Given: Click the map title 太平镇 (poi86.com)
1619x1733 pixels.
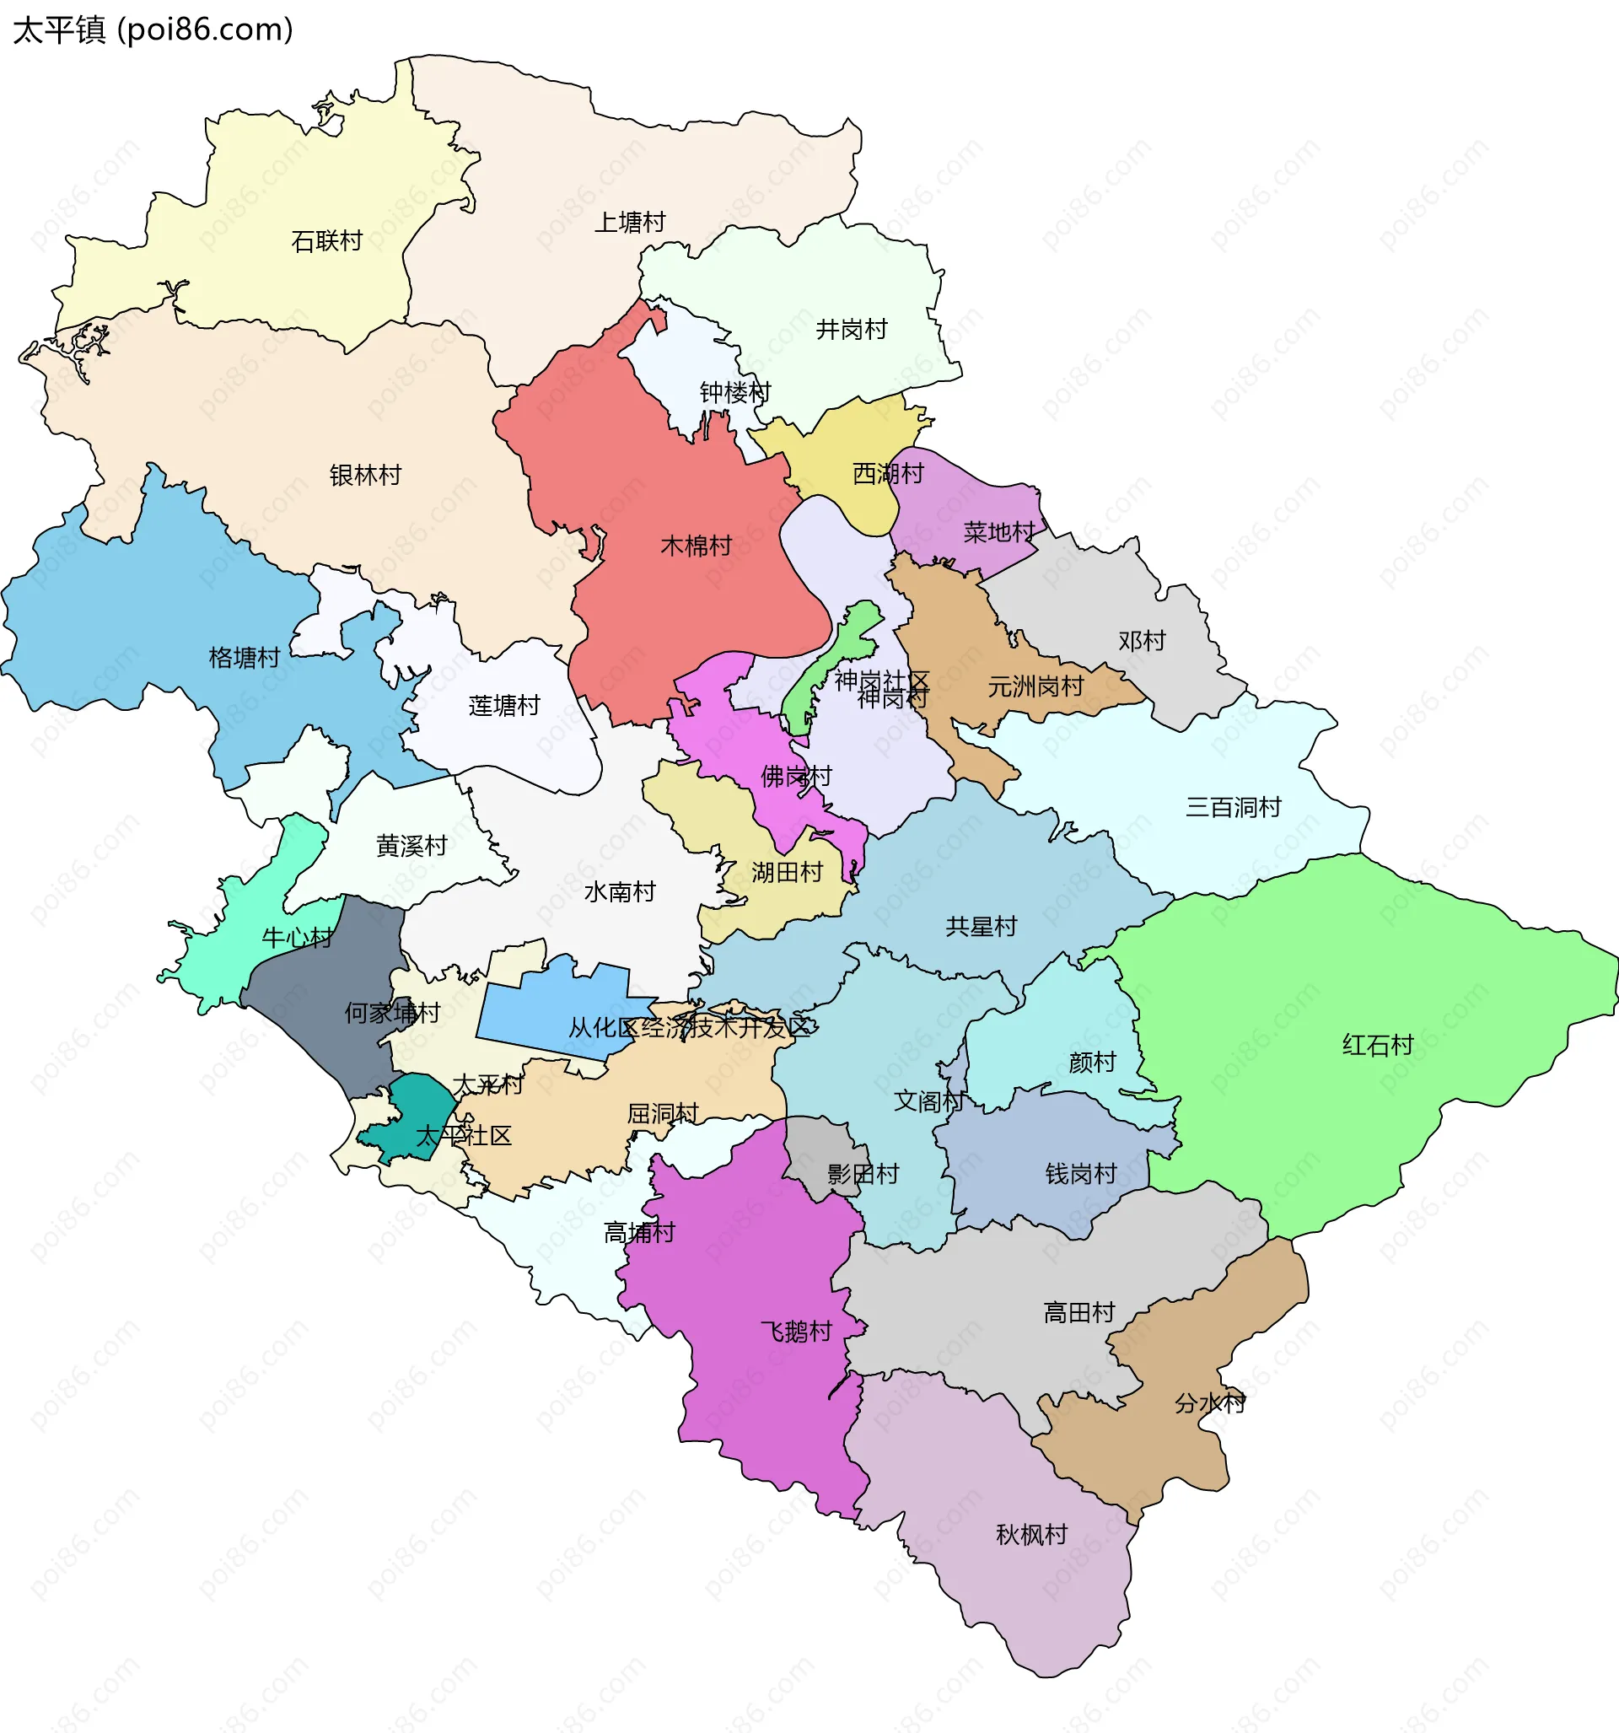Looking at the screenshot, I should [153, 30].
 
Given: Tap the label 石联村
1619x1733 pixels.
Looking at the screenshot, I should [327, 240].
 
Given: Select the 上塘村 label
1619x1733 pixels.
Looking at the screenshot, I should [629, 223].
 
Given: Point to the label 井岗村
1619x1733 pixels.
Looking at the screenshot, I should [851, 329].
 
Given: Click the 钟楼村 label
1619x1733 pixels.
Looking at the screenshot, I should [735, 392].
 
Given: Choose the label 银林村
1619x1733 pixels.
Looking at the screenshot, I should [365, 475].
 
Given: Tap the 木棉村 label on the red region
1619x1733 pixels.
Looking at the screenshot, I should [696, 546].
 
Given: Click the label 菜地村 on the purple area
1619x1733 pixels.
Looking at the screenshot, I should [998, 532].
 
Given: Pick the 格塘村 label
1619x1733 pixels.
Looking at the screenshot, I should [244, 657].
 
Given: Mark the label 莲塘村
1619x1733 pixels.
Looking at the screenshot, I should [504, 705].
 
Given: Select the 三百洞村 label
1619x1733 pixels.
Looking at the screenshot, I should [1233, 807].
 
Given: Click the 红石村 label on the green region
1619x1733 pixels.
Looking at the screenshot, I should [1378, 1044].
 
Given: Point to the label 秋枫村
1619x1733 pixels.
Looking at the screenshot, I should [1031, 1534].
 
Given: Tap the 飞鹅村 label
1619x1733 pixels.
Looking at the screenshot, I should [796, 1331].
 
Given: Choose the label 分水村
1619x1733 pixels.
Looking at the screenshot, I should [1210, 1403].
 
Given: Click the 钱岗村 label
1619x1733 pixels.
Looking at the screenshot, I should [1080, 1173].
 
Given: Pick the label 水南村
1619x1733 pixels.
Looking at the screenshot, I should [619, 891].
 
